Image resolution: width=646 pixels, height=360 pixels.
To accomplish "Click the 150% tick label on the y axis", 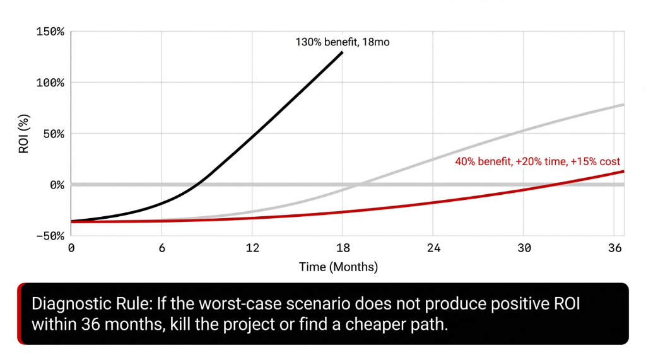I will click(x=49, y=32).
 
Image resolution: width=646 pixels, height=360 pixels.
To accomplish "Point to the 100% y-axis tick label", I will click(x=49, y=83).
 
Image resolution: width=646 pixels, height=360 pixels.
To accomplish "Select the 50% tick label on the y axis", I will click(x=52, y=134).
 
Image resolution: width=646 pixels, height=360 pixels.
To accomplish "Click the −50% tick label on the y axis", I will click(x=49, y=236).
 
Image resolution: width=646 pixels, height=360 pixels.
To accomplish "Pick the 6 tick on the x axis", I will click(x=161, y=248).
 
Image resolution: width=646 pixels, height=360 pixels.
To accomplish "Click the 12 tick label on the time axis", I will click(x=252, y=248).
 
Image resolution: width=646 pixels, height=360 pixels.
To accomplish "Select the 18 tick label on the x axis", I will click(x=343, y=248).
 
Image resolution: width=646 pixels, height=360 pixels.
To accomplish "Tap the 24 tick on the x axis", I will click(x=433, y=248).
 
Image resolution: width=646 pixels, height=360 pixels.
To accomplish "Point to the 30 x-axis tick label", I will click(x=524, y=248).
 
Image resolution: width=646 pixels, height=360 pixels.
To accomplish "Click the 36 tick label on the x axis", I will click(x=614, y=248).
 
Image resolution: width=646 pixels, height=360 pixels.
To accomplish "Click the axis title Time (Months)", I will click(x=338, y=267).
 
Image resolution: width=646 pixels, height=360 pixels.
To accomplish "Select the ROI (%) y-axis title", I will click(x=23, y=133).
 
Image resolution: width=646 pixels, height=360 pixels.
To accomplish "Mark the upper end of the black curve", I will click(x=343, y=52).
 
